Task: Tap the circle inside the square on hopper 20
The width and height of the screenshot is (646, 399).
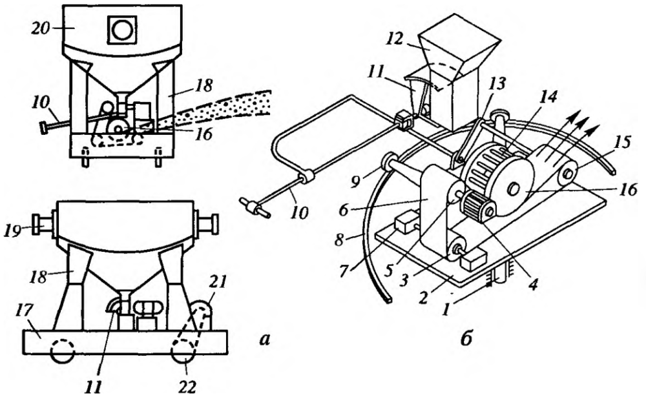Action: [122, 30]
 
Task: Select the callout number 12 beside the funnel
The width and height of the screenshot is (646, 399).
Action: [397, 40]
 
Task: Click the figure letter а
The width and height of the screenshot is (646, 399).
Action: [264, 340]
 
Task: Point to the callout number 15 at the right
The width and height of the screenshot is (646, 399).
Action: [621, 143]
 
